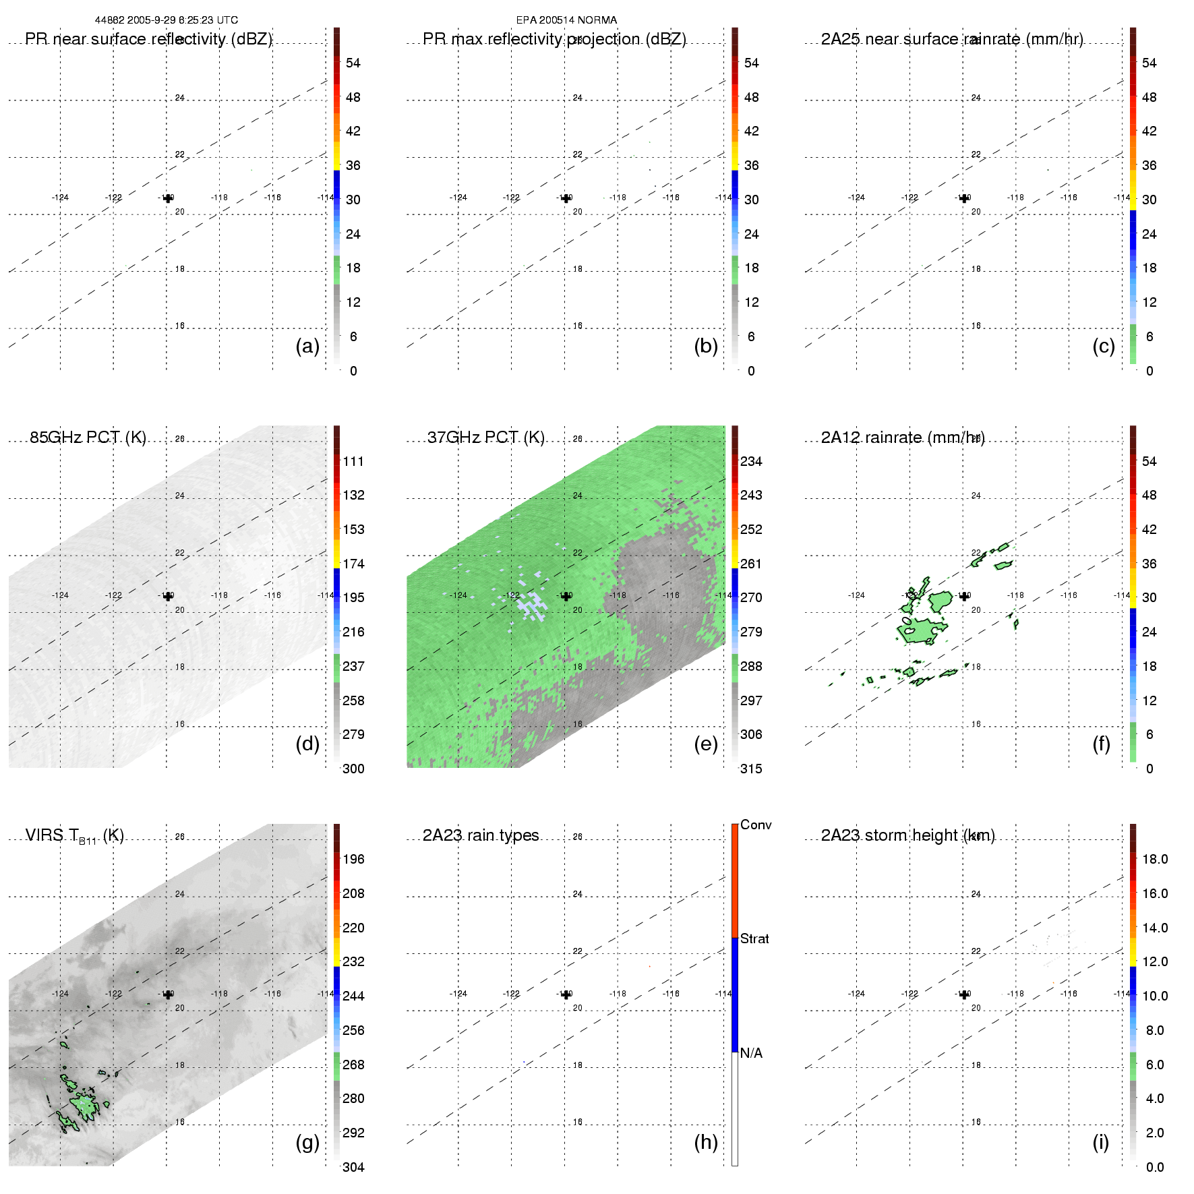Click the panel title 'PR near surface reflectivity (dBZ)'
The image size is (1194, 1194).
coord(148,39)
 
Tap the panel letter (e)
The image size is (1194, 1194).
coord(705,744)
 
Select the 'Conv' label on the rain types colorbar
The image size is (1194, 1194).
coord(755,825)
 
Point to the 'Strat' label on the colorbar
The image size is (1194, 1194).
coord(754,938)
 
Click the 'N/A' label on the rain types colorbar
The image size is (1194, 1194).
coord(751,1053)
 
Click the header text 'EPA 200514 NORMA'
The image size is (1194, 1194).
coord(566,20)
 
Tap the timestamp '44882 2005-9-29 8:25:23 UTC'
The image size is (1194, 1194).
coord(167,20)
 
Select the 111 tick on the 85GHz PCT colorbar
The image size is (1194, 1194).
coord(353,461)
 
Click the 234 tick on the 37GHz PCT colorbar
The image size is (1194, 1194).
coord(751,461)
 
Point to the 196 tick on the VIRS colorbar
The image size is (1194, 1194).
coord(353,859)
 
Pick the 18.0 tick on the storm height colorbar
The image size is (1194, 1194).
coord(1154,859)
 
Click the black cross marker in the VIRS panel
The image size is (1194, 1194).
coord(168,994)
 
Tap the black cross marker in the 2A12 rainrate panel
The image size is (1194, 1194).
coord(964,596)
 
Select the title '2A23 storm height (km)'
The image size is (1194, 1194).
coord(907,835)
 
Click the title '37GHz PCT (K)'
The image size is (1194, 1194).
coord(485,438)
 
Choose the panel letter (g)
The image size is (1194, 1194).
coord(307,1142)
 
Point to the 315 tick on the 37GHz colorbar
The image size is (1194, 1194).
coord(751,769)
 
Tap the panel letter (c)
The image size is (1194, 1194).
coord(1103,346)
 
